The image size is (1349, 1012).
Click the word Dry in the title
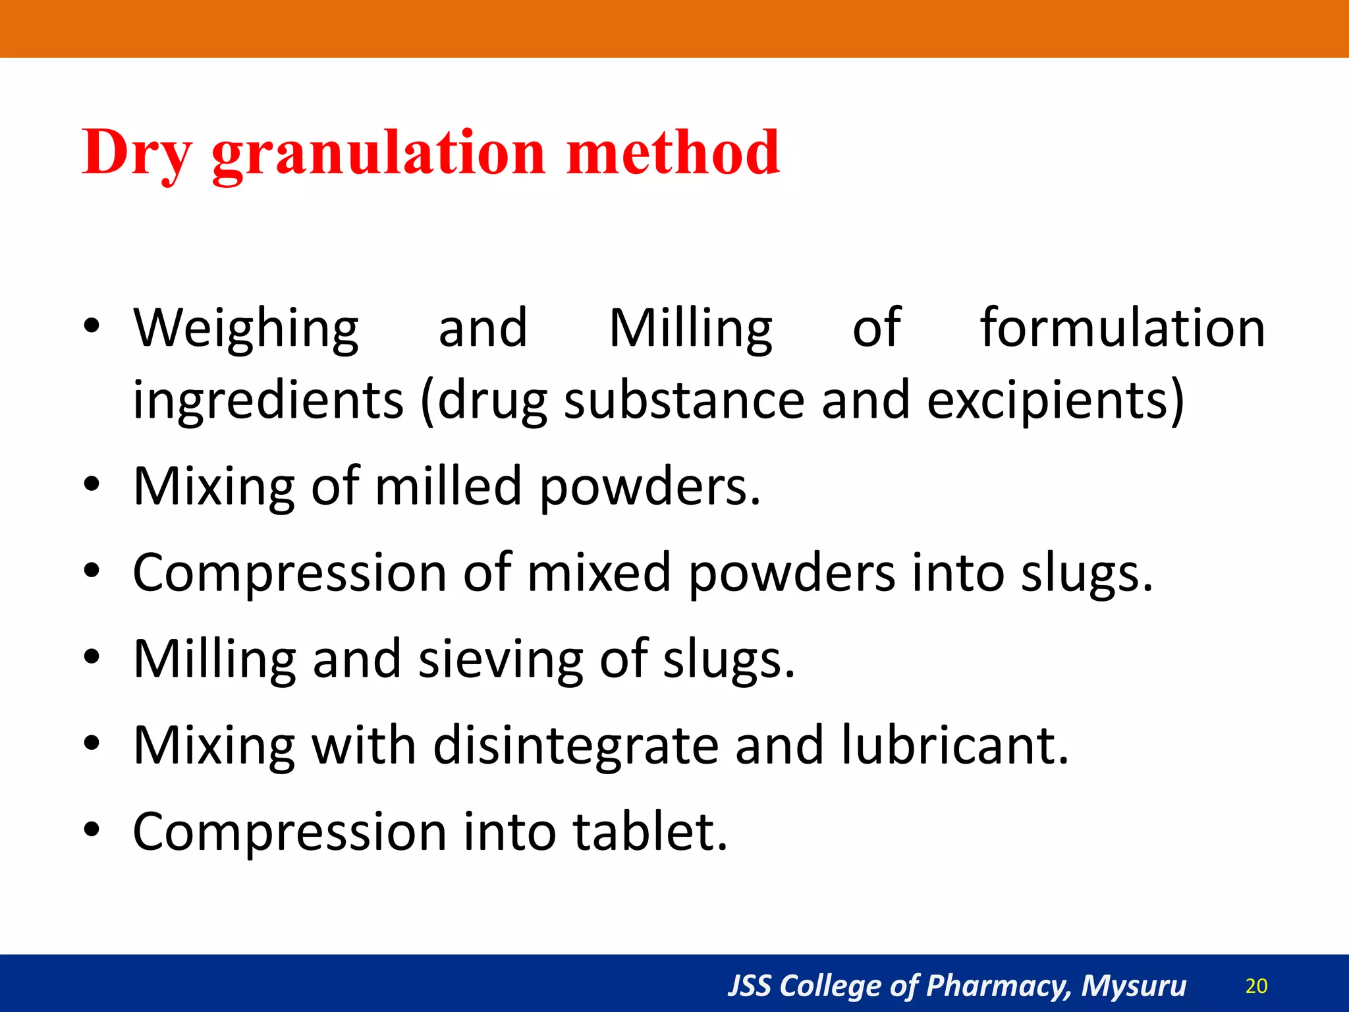[137, 153]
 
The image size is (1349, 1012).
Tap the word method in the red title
[673, 153]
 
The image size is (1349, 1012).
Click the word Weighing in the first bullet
[246, 328]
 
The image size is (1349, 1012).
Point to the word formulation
[1122, 328]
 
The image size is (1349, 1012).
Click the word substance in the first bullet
[684, 401]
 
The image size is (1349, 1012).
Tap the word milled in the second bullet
[449, 486]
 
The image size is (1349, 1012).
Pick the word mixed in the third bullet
[599, 573]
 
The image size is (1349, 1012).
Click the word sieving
[501, 659]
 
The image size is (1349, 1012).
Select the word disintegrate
[576, 745]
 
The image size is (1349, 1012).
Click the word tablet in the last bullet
[650, 831]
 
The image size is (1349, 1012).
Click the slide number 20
[1256, 986]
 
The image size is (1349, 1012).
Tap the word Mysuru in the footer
[1134, 986]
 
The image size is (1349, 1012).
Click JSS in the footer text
[749, 986]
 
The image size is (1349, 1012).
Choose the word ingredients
[268, 401]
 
